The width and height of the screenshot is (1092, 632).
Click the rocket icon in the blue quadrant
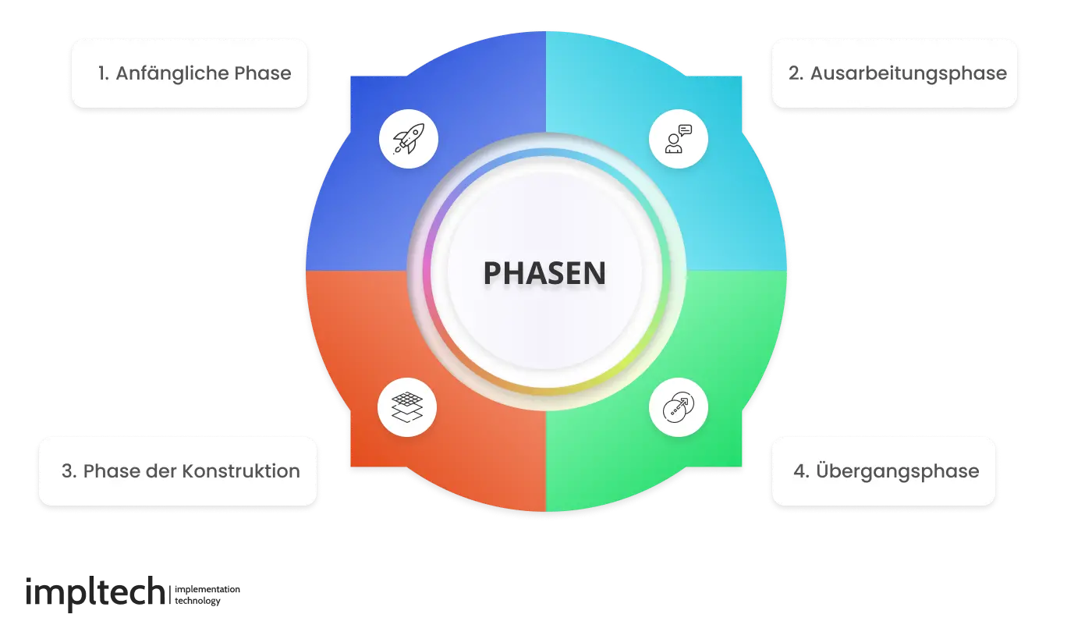click(409, 140)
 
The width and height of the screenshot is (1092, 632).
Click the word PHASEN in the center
click(544, 273)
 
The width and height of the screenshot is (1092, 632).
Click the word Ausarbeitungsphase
click(908, 74)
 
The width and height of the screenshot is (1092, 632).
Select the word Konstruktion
click(241, 471)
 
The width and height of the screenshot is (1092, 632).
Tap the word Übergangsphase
click(897, 471)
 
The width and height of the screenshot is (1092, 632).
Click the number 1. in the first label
click(103, 74)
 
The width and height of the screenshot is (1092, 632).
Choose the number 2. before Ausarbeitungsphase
click(796, 74)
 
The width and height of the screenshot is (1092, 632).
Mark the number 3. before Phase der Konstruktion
click(69, 471)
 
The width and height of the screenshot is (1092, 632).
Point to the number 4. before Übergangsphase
click(801, 471)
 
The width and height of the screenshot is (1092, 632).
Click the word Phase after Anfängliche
click(262, 74)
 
